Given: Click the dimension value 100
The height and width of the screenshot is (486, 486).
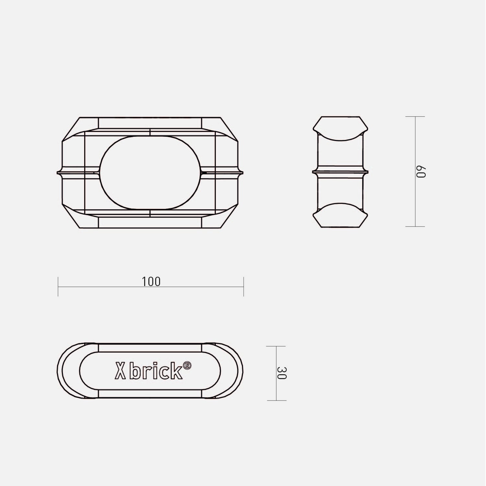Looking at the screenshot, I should [151, 282].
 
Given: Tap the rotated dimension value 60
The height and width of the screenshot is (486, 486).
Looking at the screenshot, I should [420, 172].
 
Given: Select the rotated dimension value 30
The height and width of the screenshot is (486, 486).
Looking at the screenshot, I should [282, 373].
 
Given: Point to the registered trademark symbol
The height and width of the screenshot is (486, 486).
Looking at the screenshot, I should [187, 366].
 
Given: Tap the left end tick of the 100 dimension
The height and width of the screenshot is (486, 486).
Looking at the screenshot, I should [58, 286].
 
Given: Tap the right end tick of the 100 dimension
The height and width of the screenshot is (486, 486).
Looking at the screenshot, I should [244, 286].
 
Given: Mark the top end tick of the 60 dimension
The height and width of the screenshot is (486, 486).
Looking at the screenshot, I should [415, 117].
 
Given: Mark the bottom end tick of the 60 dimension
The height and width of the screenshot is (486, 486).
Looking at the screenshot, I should [415, 226].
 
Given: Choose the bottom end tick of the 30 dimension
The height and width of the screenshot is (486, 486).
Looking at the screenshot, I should [276, 400].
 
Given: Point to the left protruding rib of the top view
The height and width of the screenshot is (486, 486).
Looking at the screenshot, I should [60, 172].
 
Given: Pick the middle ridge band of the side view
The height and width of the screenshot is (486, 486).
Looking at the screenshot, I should [340, 172].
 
